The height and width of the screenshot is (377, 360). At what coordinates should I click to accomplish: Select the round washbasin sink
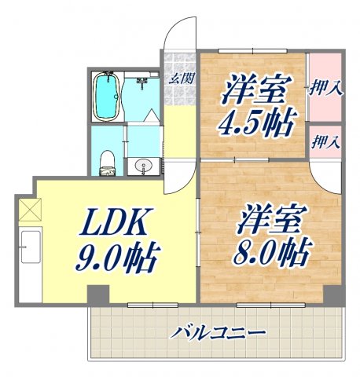[142, 166]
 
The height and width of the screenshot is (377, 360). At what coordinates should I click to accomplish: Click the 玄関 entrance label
[181, 78]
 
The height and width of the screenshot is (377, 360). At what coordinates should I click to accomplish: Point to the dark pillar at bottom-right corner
[333, 296]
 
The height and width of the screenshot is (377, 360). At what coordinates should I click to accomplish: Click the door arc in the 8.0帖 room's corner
[324, 177]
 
